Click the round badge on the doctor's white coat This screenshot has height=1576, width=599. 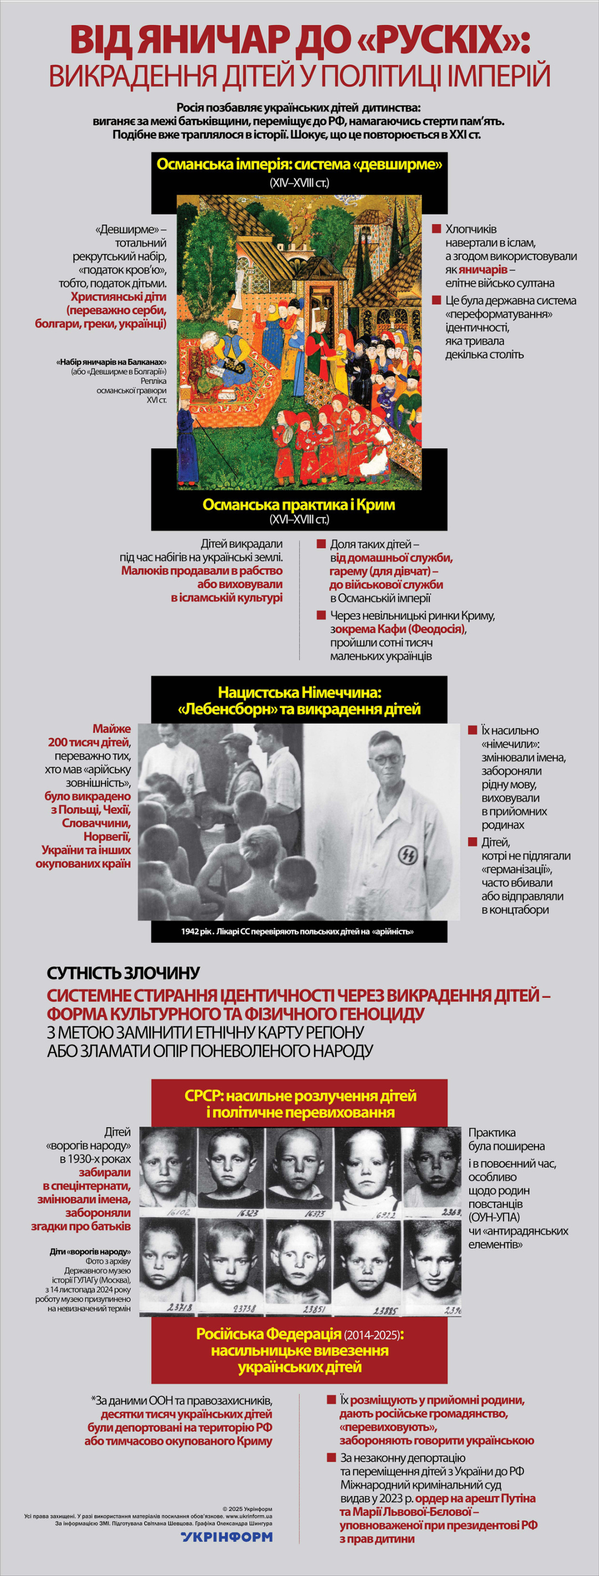408,854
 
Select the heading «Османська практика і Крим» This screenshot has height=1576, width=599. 299,505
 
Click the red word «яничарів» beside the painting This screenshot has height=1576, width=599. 483,270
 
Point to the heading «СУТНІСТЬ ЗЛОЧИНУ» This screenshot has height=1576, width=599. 124,974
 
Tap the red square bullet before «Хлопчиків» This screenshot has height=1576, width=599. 436,229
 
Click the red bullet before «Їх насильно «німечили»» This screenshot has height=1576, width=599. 473,731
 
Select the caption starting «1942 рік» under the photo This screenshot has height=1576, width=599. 297,932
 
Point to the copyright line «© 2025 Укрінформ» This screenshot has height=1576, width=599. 247,1509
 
